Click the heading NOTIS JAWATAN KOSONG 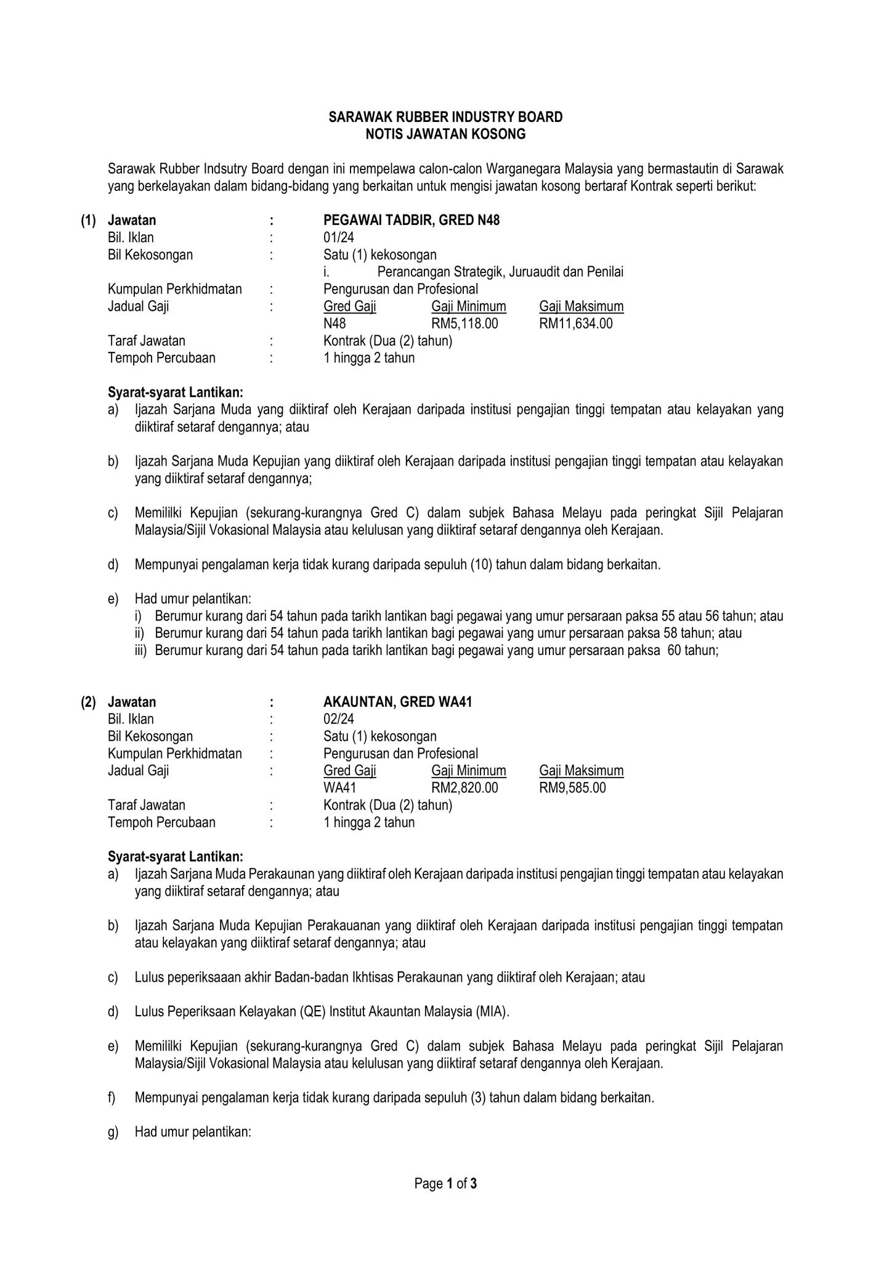pos(445,134)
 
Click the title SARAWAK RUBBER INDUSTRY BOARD pos(445,117)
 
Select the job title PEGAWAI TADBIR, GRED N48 pos(412,220)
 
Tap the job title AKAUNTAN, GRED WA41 pos(397,702)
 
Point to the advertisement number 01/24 pos(339,237)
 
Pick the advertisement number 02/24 pos(339,719)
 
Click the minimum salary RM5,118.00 pos(464,324)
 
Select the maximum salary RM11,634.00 pos(576,324)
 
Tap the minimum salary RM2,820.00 pos(464,788)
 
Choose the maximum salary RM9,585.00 pos(572,788)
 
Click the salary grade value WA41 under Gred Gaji pos(339,788)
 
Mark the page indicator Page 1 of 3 pos(445,1184)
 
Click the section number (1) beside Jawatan pos(88,220)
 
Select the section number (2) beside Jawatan pos(88,702)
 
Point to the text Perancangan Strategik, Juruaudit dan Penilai pos(500,272)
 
